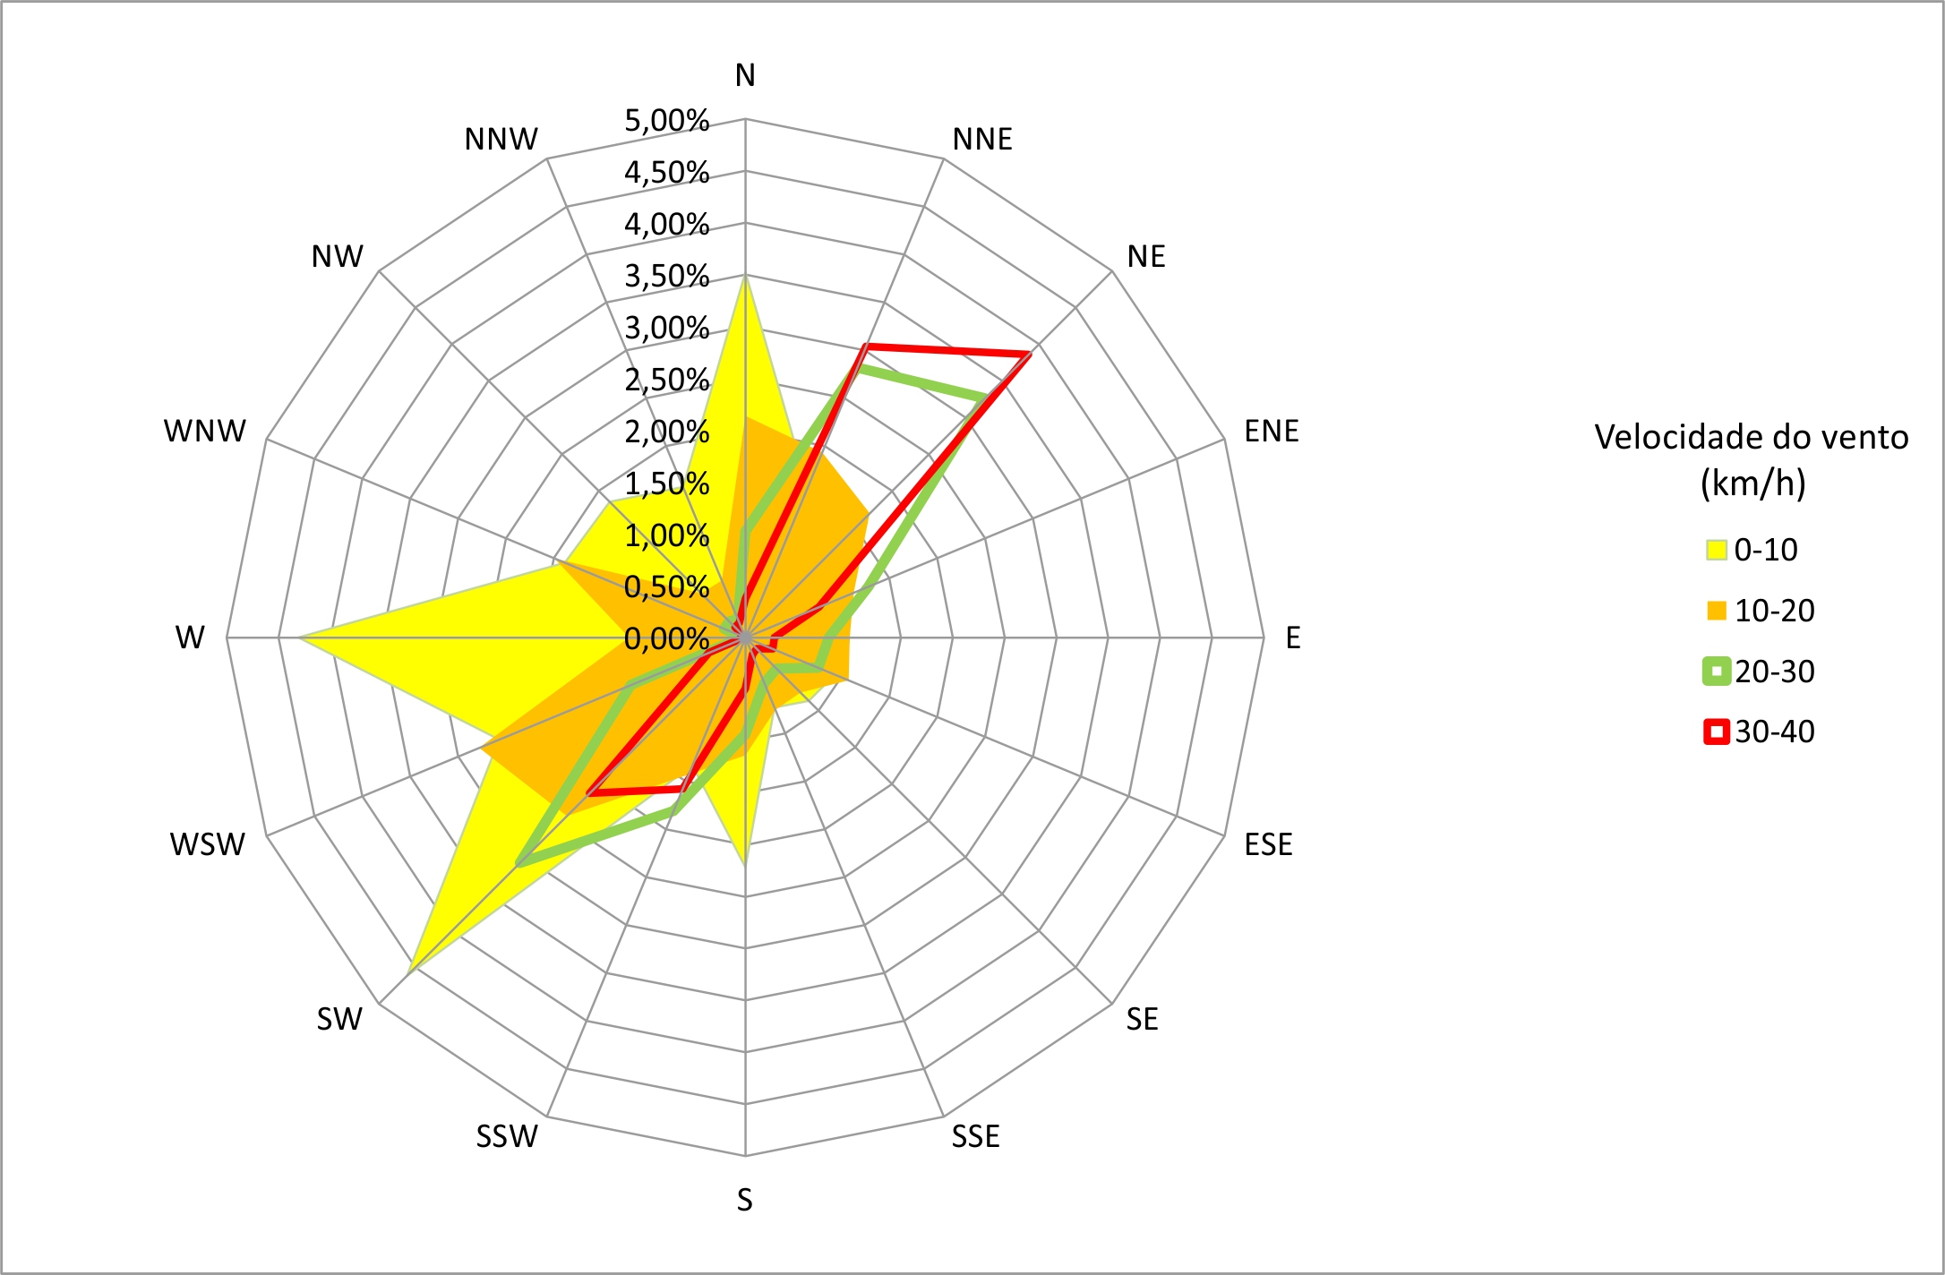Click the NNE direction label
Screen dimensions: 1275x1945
(982, 140)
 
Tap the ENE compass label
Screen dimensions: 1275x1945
(1271, 432)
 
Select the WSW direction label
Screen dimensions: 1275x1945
(207, 844)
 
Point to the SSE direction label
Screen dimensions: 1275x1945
(975, 1137)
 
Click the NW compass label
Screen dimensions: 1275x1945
(337, 257)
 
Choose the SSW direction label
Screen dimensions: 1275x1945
(507, 1137)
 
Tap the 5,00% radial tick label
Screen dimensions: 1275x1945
(667, 120)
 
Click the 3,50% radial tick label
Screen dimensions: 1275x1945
(667, 276)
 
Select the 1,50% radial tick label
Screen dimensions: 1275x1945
(667, 483)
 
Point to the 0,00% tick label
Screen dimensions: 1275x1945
(667, 639)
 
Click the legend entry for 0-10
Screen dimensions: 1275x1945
(1765, 550)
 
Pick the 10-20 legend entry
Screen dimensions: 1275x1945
(1774, 611)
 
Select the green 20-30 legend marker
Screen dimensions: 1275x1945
(1716, 672)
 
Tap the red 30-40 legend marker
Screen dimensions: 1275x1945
(1716, 732)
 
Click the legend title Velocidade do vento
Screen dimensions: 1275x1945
(1752, 437)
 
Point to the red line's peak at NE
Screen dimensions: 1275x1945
(1030, 355)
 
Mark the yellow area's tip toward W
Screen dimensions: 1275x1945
(299, 637)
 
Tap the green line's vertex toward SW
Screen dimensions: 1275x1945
(518, 864)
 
